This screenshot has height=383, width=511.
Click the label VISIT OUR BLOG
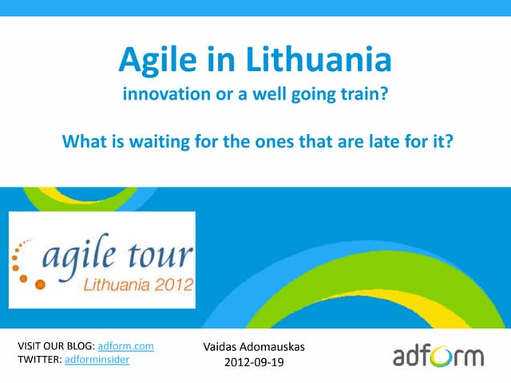54,346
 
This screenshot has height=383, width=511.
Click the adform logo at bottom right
438,354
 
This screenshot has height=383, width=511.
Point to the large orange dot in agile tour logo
25,279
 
